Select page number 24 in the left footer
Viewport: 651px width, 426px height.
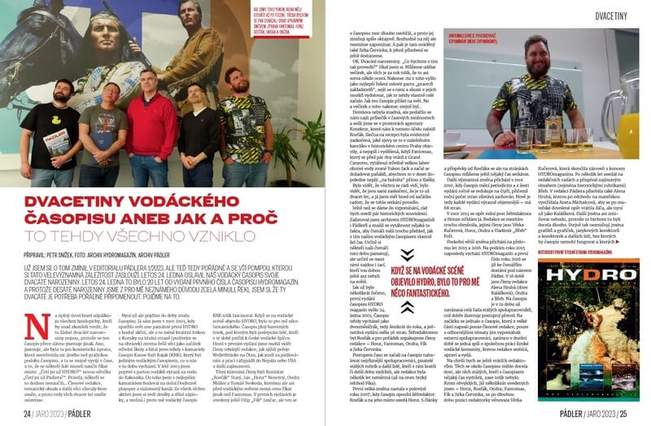(27, 415)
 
